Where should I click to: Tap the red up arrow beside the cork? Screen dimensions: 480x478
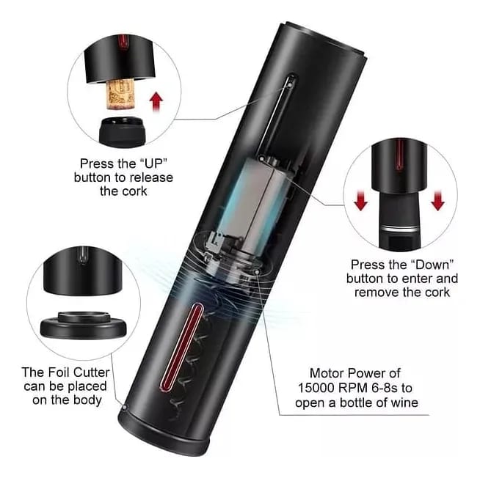click(x=157, y=102)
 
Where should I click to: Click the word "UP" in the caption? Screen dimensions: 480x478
click(x=156, y=163)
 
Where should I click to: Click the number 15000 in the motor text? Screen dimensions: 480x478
click(x=316, y=388)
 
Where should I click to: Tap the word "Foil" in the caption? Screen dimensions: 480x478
click(x=59, y=372)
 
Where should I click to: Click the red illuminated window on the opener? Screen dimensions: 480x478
click(x=181, y=348)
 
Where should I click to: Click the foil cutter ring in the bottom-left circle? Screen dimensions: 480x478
click(x=83, y=325)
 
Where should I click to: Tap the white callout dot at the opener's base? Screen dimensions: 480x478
click(x=124, y=407)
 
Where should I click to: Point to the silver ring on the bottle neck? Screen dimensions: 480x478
click(x=400, y=229)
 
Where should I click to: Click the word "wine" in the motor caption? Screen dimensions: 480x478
click(x=404, y=402)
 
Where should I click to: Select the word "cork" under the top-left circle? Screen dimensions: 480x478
click(x=134, y=191)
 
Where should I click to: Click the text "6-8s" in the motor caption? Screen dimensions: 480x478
click(x=383, y=388)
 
